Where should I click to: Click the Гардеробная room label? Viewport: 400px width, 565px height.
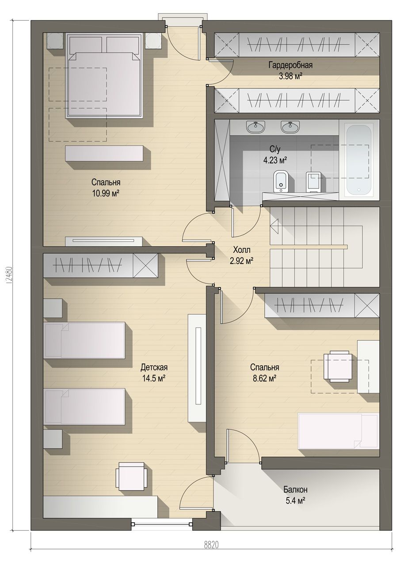[x=290, y=65]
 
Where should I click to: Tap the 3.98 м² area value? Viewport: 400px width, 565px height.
[x=291, y=76]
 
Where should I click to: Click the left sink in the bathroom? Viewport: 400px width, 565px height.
[x=256, y=126]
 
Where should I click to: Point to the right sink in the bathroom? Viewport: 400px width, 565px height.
[x=290, y=126]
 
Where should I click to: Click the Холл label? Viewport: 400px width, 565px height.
[x=242, y=250]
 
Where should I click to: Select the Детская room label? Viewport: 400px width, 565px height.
[x=154, y=367]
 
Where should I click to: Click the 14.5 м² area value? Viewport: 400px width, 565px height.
[x=153, y=378]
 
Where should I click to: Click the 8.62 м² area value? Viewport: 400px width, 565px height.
[x=264, y=378]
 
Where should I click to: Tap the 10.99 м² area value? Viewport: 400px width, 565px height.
[x=106, y=193]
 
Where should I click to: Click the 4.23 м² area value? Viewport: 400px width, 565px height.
[x=275, y=160]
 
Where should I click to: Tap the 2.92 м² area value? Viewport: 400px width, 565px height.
[x=241, y=261]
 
